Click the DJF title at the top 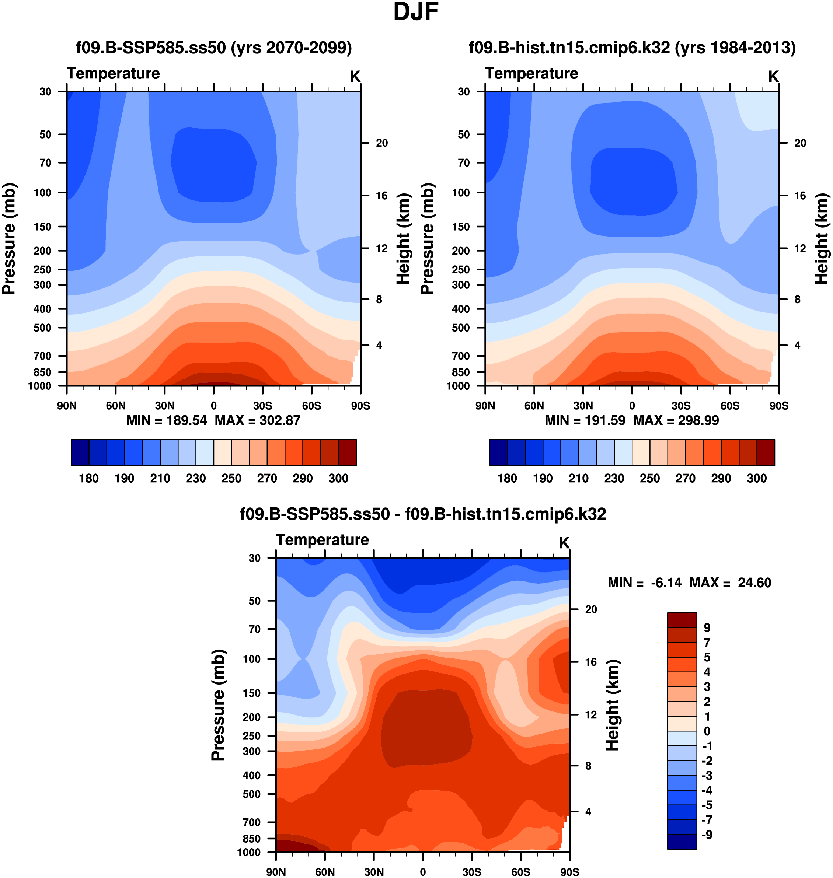(x=416, y=12)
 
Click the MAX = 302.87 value (x=258, y=420)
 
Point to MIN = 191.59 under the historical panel (x=585, y=420)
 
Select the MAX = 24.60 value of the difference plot (x=730, y=583)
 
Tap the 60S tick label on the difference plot (x=520, y=872)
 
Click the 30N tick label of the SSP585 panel (x=165, y=406)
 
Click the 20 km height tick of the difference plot (x=590, y=609)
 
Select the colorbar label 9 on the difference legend (x=707, y=628)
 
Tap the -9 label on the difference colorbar (x=707, y=835)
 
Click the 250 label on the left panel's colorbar (x=231, y=479)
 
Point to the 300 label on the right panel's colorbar (x=757, y=479)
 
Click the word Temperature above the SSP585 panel (x=113, y=73)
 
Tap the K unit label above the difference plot (x=564, y=543)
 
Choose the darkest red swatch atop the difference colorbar (x=682, y=620)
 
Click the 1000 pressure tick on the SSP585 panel (x=40, y=386)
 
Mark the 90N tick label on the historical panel (x=485, y=406)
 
